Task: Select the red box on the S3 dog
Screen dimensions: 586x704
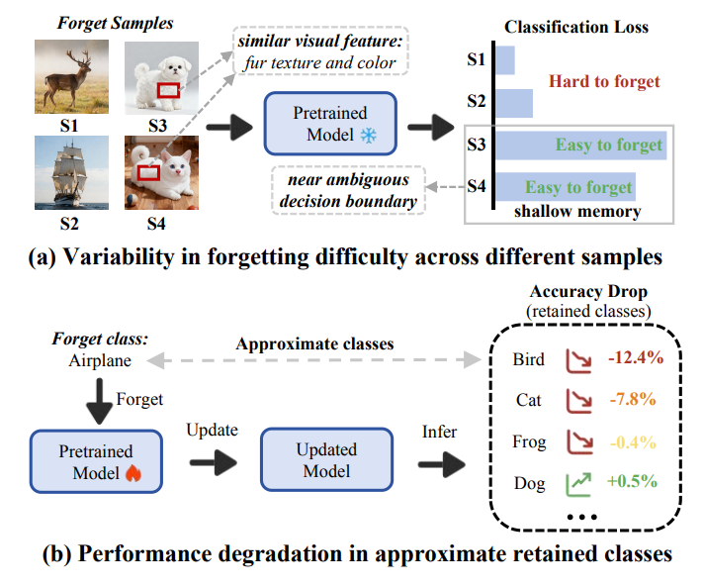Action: tap(169, 90)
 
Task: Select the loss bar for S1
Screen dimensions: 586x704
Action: tap(504, 60)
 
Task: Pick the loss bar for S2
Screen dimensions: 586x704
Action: tap(514, 103)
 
